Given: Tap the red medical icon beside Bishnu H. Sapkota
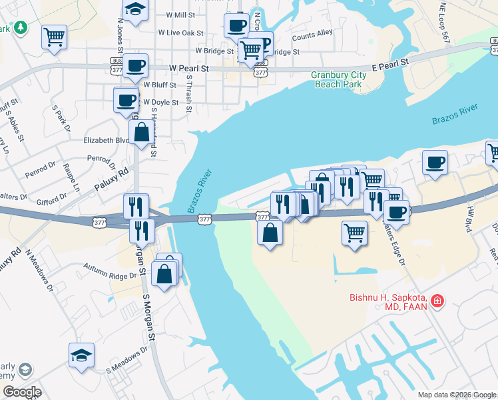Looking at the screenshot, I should (x=437, y=302).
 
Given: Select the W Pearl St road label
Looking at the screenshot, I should (x=189, y=68).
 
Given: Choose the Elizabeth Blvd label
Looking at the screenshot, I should (x=106, y=141).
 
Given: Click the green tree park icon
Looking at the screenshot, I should (x=21, y=27).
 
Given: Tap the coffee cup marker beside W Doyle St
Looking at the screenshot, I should (x=126, y=101).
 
